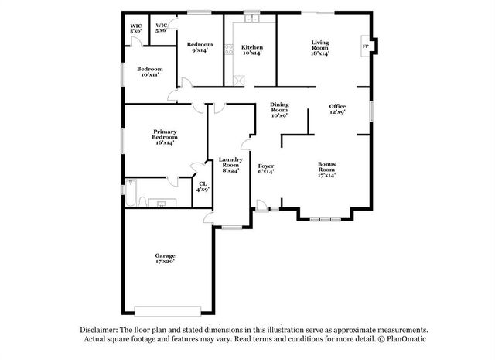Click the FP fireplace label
tap(365, 46)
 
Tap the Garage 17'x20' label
tap(165, 259)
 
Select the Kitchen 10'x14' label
tap(252, 50)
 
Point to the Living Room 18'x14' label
tap(320, 48)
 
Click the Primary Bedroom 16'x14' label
tap(165, 137)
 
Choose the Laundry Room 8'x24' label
tap(230, 165)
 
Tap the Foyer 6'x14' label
tap(265, 169)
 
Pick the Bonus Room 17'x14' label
tap(326, 169)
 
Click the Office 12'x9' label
tap(337, 109)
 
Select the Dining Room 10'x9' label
tap(279, 110)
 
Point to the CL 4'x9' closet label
tap(202, 187)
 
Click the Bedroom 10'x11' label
tap(150, 71)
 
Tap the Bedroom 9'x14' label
tap(199, 47)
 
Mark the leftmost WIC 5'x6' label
tap(136, 29)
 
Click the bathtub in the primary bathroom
tap(131, 194)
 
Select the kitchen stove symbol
tap(228, 51)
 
